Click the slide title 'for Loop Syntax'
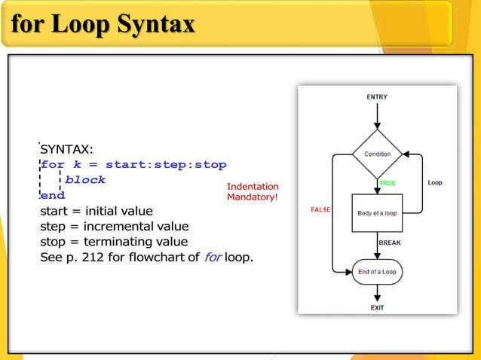(103, 24)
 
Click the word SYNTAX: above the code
(66, 149)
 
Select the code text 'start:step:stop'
(166, 165)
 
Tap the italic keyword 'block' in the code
(85, 181)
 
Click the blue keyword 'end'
(53, 196)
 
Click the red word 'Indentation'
(253, 187)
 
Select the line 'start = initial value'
(96, 211)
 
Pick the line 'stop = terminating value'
(113, 243)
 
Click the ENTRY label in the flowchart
(377, 97)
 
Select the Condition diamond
(378, 154)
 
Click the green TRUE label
(387, 183)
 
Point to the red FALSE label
(320, 209)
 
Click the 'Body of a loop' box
(377, 213)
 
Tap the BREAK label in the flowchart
(389, 243)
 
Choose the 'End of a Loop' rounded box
(377, 272)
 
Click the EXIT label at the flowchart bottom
(377, 307)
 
